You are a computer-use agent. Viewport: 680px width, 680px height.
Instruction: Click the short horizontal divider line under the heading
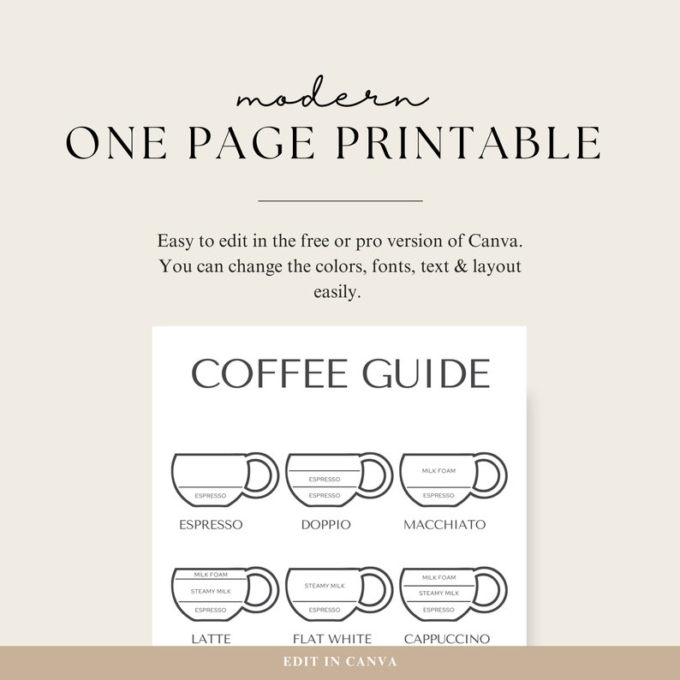tap(340, 200)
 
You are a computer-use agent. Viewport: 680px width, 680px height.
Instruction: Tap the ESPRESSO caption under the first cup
tap(211, 524)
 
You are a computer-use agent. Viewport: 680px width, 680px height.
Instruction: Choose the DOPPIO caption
tap(325, 524)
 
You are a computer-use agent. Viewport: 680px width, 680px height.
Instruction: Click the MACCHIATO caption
tap(444, 524)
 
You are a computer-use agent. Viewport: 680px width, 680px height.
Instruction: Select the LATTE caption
tap(211, 639)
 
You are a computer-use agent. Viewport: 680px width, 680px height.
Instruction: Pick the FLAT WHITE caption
tap(332, 639)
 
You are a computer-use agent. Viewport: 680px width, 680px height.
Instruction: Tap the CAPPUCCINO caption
tap(447, 639)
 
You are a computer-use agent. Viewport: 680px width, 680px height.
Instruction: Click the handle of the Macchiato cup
tap(492, 474)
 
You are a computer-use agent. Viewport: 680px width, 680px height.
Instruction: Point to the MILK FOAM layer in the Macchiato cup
tap(438, 471)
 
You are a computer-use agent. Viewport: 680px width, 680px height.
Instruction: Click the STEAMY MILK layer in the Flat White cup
tap(325, 586)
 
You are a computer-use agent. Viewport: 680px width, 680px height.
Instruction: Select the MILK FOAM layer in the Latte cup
tap(210, 576)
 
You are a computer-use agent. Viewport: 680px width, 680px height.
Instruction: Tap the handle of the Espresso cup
tap(264, 474)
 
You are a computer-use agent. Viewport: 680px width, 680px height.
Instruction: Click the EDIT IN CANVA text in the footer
tap(340, 662)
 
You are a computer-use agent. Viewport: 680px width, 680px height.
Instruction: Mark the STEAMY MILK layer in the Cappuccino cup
tap(438, 593)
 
